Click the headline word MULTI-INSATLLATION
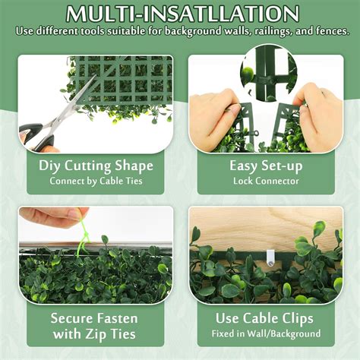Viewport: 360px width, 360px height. point(180,14)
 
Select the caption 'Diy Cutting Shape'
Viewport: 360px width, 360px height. point(96,166)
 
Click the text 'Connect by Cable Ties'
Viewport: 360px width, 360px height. point(96,182)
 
